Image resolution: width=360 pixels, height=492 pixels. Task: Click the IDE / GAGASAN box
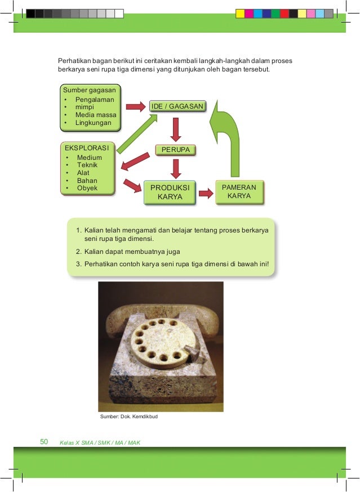(x=177, y=105)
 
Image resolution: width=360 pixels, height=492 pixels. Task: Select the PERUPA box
(x=176, y=150)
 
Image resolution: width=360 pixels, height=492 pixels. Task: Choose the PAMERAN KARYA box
(x=239, y=191)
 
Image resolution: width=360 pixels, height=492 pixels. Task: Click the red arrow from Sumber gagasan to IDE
(x=134, y=105)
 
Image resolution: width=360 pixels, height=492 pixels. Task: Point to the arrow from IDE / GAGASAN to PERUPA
(x=176, y=129)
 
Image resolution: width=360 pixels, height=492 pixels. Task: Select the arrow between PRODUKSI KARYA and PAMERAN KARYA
(x=206, y=193)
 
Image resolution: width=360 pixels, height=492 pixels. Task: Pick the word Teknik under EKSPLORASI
(x=87, y=166)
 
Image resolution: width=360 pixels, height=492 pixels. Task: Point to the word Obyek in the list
(x=87, y=188)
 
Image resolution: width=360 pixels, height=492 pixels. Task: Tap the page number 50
(x=45, y=442)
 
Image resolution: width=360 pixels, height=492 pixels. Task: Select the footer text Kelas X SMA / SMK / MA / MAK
(x=100, y=442)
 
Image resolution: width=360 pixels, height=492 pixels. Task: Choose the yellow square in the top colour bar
(x=239, y=13)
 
